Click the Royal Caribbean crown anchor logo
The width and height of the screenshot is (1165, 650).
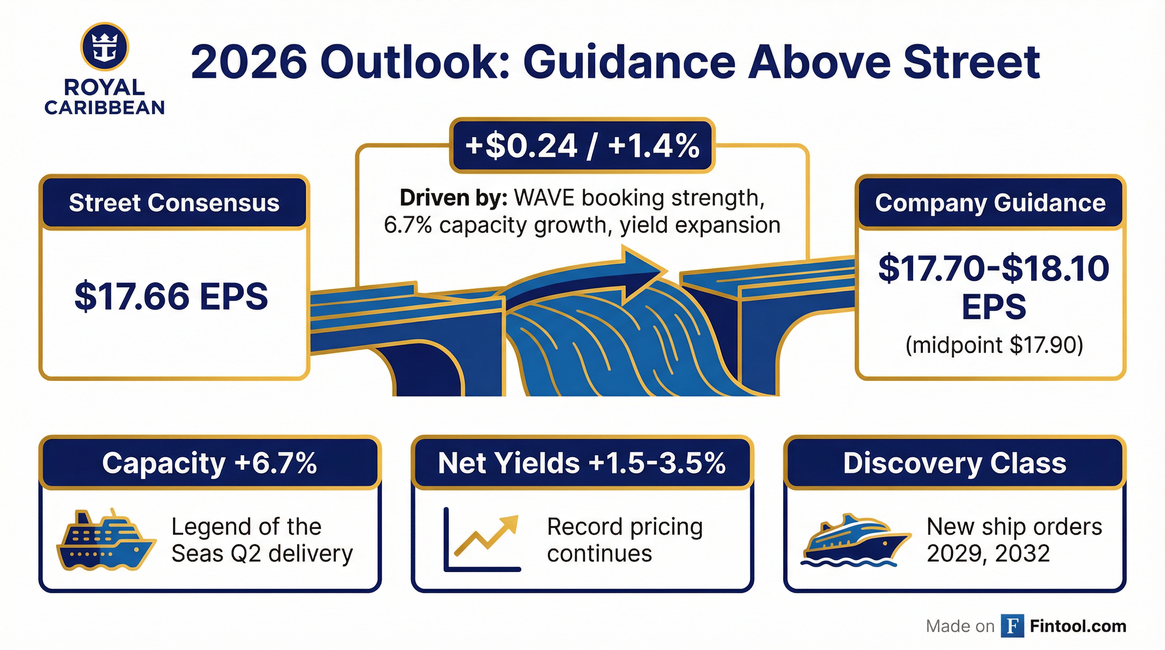pos(105,47)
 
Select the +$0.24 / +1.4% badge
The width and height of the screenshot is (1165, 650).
pos(582,146)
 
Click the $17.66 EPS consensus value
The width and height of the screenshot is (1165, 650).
pos(171,297)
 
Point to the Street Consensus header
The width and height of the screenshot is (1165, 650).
pos(174,203)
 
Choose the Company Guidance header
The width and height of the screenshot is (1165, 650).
pos(990,203)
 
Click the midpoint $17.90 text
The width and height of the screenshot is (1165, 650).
pos(994,345)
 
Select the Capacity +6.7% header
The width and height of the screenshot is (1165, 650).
pos(210,463)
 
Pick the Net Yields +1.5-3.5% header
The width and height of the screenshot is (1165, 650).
pos(582,463)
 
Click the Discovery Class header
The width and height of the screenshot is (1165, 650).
pos(955,463)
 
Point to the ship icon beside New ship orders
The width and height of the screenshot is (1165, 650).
pos(855,540)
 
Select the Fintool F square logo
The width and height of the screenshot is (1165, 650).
pos(1012,626)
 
